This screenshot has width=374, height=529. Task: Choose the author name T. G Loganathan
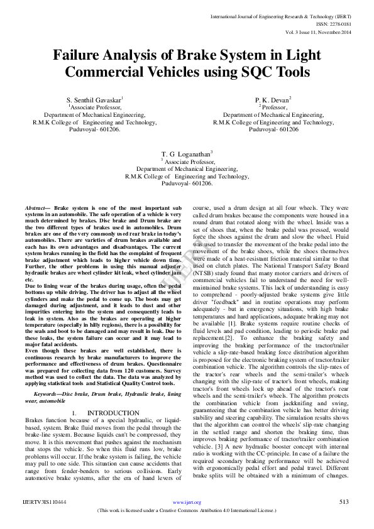pyautogui.click(x=187, y=154)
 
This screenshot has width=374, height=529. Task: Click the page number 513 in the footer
pyautogui.click(x=343, y=502)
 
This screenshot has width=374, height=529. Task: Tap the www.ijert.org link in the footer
pyautogui.click(x=187, y=502)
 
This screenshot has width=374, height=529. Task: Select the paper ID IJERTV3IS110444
pyautogui.click(x=45, y=502)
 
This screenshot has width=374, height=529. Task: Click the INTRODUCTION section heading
pyautogui.click(x=107, y=412)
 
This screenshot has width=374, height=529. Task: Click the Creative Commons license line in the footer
pyautogui.click(x=187, y=510)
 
